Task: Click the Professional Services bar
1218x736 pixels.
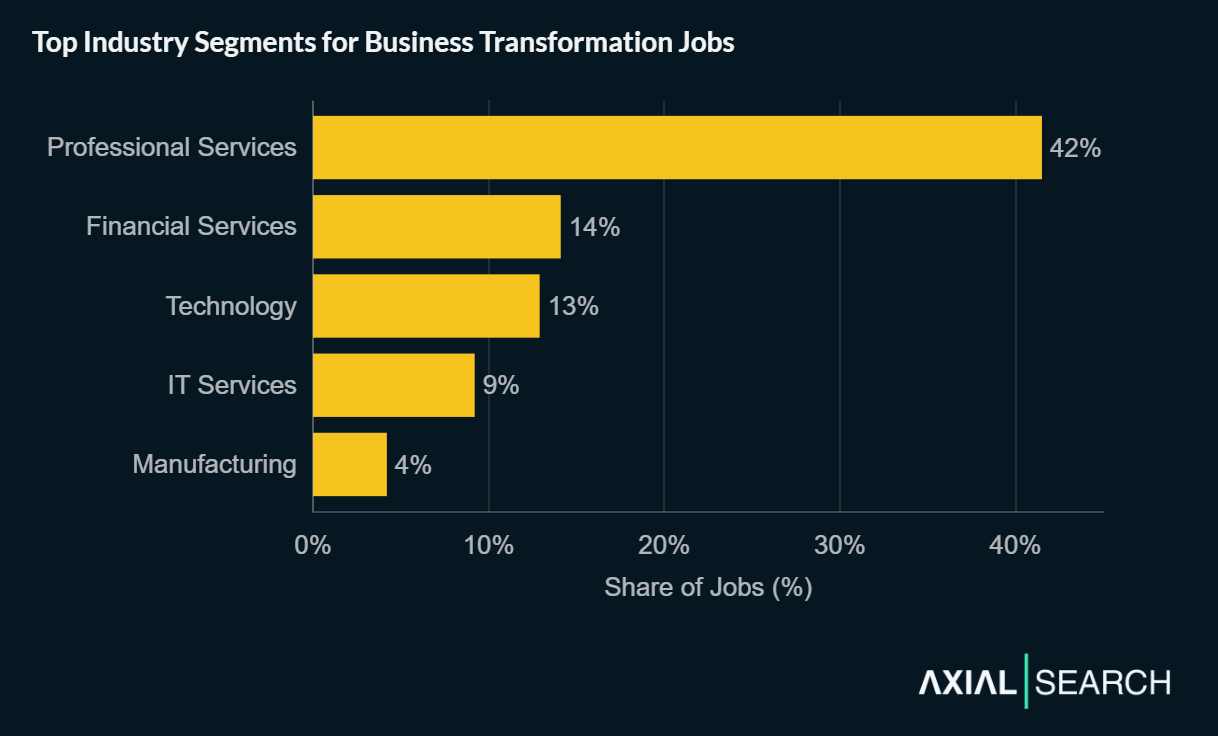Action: click(x=677, y=147)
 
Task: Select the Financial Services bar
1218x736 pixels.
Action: click(x=436, y=227)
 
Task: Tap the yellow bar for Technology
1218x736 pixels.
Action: click(x=426, y=306)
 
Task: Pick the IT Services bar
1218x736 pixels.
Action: click(x=393, y=385)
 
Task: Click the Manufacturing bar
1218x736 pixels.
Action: click(x=349, y=464)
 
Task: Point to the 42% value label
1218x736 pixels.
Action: click(x=1075, y=148)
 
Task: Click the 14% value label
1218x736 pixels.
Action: click(x=595, y=227)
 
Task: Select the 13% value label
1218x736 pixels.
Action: click(x=574, y=306)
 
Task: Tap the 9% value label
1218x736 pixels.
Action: click(x=501, y=385)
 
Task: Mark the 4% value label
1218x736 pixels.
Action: click(x=413, y=464)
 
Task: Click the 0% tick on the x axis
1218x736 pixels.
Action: click(x=313, y=546)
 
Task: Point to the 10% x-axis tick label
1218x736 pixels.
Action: click(x=489, y=546)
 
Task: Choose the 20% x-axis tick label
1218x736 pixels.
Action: click(x=664, y=546)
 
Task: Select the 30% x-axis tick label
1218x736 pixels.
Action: click(x=840, y=546)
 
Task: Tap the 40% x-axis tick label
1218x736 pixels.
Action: click(x=1015, y=546)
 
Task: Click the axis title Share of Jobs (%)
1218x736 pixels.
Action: click(x=708, y=587)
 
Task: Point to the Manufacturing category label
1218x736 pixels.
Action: click(x=214, y=464)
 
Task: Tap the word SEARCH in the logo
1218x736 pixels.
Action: click(x=1103, y=683)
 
